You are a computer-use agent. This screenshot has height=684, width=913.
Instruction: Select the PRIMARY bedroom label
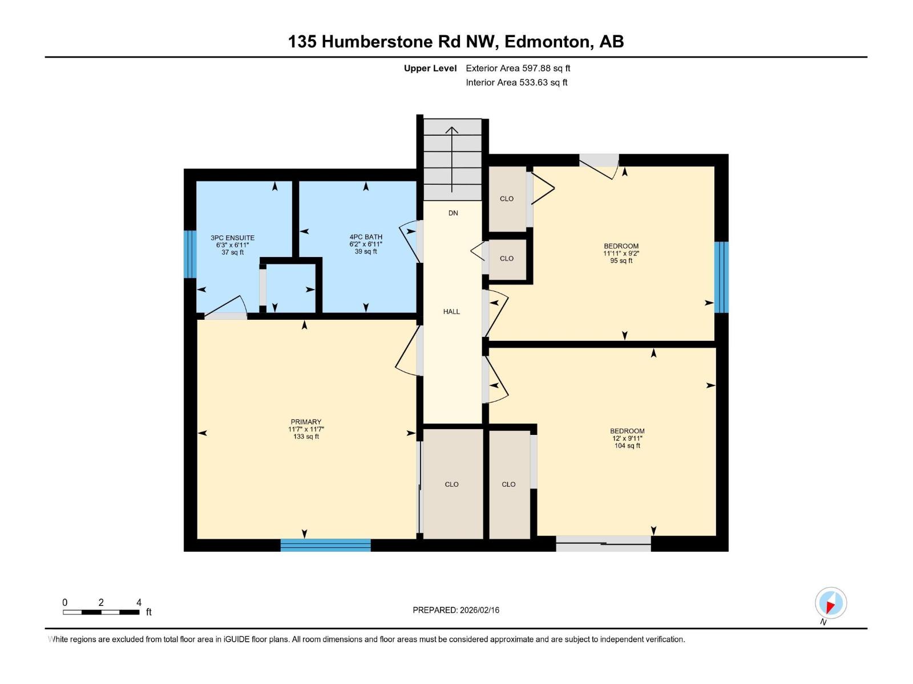pos(306,422)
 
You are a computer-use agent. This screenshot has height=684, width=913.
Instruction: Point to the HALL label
pos(451,311)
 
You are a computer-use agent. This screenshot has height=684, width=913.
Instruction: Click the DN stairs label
pos(453,213)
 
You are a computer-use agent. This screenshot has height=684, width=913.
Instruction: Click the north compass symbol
pos(830,602)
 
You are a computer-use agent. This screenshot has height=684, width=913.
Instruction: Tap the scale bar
pos(101,612)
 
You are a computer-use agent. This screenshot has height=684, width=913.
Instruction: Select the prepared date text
pos(456,610)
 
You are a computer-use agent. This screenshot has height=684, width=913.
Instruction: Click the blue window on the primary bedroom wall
pos(325,545)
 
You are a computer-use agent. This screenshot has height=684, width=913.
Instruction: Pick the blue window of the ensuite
pos(190,254)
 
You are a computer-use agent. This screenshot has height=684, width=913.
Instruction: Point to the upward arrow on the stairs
pos(452,160)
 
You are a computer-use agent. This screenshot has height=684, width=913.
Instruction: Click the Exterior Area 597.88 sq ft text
pos(518,68)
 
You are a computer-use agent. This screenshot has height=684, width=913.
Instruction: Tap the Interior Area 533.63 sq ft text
pos(516,82)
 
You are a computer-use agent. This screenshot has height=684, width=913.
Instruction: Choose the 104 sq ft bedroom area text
pos(627,446)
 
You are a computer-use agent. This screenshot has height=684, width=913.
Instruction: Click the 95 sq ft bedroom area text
pos(621,261)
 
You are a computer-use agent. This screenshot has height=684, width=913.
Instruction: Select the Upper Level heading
pos(430,68)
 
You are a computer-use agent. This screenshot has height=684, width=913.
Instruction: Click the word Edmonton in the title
pos(549,42)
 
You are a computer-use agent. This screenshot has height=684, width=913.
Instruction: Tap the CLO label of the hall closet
pos(506,258)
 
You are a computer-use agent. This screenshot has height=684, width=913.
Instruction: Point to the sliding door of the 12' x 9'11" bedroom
pos(603,544)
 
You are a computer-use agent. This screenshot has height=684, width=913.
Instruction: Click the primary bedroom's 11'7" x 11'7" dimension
pos(306,429)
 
